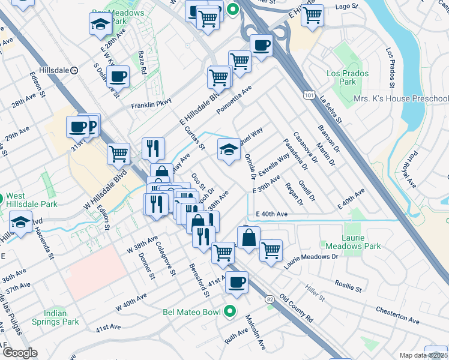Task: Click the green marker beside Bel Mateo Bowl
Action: click(229, 312)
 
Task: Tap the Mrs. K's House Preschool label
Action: click(401, 98)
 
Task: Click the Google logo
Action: click(20, 353)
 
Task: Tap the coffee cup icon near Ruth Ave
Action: click(237, 281)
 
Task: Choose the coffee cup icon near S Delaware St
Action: click(118, 76)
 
